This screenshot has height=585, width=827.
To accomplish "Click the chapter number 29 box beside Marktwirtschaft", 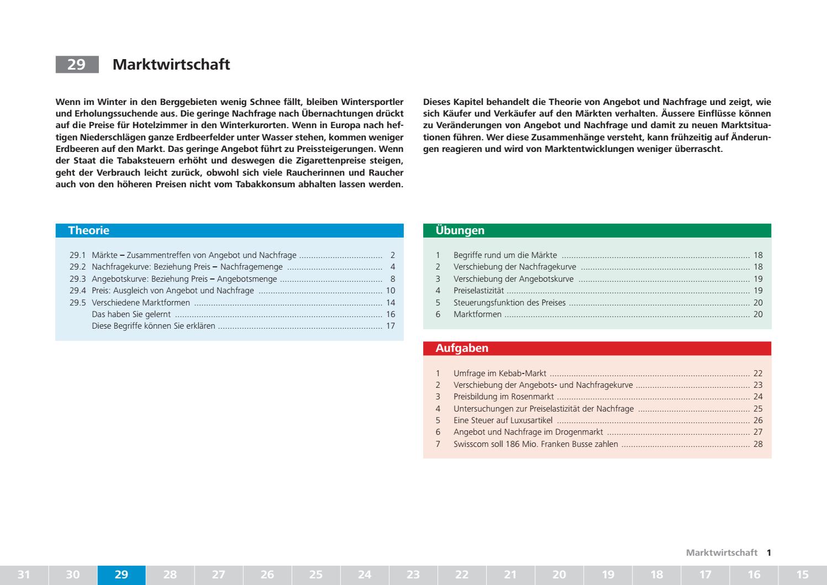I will (x=77, y=65).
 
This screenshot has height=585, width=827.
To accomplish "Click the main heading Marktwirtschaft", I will (x=171, y=65).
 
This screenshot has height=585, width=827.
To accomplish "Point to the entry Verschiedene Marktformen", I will (x=141, y=303).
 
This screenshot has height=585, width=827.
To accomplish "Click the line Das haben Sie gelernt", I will (x=131, y=314).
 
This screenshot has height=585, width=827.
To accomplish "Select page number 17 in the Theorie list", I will (x=391, y=326).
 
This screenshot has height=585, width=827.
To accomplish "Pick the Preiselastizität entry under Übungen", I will (x=478, y=291).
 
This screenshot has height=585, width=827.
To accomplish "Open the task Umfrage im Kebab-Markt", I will (x=499, y=373).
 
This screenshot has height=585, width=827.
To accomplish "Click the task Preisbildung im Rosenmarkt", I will (x=503, y=397).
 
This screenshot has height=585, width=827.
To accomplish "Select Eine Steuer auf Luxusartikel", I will (x=503, y=420).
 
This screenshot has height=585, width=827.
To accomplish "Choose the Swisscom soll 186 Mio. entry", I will (x=535, y=444).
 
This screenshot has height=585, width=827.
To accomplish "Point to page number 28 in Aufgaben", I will (x=757, y=444).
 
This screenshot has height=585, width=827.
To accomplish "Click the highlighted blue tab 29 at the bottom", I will (x=122, y=575).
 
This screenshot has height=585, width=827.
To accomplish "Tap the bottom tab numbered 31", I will (x=24, y=575).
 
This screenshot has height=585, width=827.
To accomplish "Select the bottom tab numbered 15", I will (x=802, y=575).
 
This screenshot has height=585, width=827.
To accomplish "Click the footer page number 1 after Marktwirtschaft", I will (x=768, y=552).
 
